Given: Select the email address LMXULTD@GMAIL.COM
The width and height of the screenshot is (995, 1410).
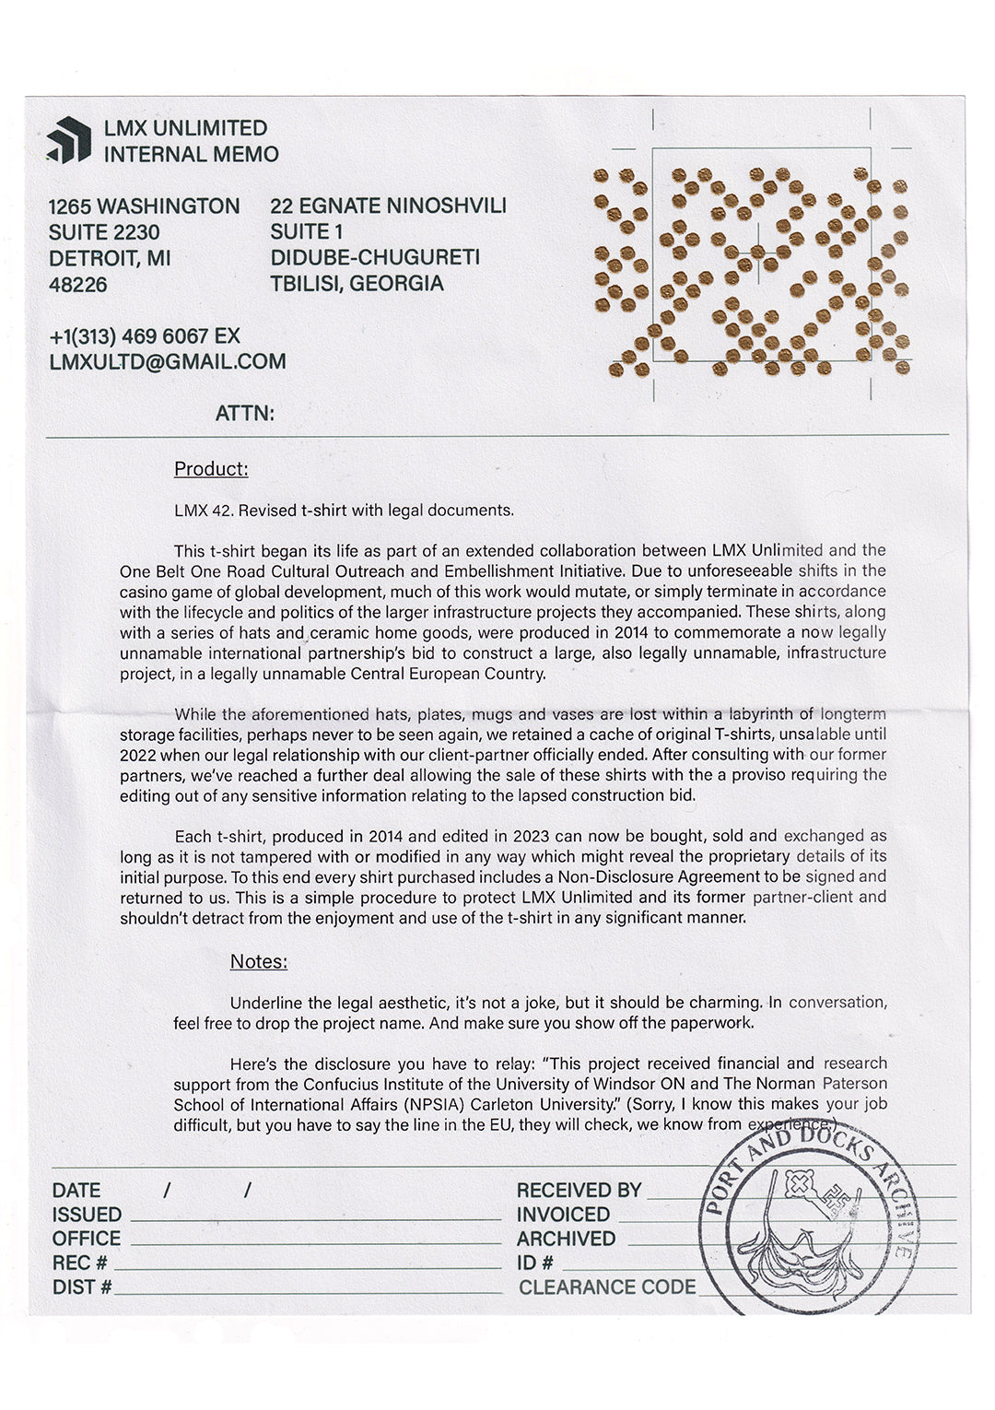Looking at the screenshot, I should tap(168, 362).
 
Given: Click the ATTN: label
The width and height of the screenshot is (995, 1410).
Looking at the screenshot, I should tap(245, 413).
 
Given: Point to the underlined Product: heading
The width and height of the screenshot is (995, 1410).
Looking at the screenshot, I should tap(211, 469).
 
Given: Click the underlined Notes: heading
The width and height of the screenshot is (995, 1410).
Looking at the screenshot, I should tap(259, 961).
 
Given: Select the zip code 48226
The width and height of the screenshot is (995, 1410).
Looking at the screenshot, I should tap(78, 285).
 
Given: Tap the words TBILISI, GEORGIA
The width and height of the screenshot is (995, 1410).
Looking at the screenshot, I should tap(357, 284).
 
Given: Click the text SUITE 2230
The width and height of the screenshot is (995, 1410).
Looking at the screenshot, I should tap(104, 231).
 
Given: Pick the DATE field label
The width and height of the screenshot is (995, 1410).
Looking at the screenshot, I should tap(76, 1190).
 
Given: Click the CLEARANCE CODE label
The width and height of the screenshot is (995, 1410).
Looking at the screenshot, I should tap(608, 1287).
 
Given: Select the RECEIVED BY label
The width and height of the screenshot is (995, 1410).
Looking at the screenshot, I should tap(579, 1190).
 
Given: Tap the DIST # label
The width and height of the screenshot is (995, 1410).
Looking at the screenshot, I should tap(82, 1287).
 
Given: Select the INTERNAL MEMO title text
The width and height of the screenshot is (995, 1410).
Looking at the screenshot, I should tap(191, 154).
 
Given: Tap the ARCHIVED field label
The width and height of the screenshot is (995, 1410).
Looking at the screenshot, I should tap(566, 1239).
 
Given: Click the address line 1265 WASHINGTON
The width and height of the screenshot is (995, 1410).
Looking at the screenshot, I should tap(145, 206).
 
